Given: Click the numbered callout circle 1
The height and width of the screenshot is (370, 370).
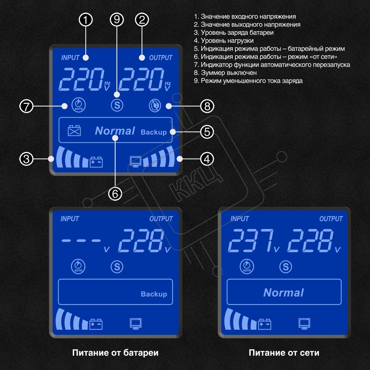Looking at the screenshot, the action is click(x=86, y=20).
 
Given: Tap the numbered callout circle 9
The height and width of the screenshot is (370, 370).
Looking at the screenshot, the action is click(x=117, y=20).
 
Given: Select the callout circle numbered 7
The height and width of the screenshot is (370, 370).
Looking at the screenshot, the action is click(x=27, y=106).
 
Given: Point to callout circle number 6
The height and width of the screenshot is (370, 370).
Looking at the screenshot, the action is click(x=115, y=194).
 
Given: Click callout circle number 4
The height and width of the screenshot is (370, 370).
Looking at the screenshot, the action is click(x=207, y=159).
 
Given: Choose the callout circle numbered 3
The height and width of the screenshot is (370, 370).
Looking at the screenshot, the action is click(x=27, y=159).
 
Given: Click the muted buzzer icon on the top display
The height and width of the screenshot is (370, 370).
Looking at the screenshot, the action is click(x=155, y=106).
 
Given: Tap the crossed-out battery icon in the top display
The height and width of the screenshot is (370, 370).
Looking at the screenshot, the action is click(x=74, y=130).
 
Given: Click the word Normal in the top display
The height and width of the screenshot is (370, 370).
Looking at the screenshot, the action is click(x=115, y=131).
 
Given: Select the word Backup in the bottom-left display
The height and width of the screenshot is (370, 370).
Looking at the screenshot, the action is click(x=154, y=294).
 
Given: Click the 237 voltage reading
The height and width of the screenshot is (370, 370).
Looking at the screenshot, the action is click(x=251, y=240).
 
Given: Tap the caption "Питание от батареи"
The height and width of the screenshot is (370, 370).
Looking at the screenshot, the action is click(x=115, y=353).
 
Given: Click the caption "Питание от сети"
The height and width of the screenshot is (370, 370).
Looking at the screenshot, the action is click(x=284, y=353).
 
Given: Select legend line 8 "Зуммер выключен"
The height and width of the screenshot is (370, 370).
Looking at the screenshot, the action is click(x=225, y=73).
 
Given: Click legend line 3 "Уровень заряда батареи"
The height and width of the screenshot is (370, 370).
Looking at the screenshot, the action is click(x=234, y=33).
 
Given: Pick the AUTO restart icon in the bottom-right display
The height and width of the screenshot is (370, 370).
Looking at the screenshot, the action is click(x=247, y=266).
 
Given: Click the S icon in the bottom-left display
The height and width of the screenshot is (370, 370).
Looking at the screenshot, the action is click(x=117, y=267).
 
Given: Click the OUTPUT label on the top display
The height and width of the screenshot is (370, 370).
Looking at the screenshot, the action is click(x=161, y=58).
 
